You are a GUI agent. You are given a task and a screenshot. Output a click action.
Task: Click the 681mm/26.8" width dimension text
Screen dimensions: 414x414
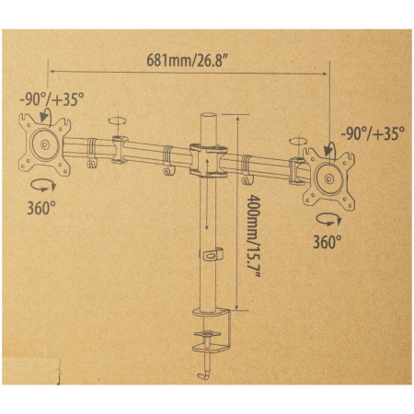(187, 60)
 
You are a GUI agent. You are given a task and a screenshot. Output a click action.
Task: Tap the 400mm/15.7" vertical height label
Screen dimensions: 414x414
(254, 236)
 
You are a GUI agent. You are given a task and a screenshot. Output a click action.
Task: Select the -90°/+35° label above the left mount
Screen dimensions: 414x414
(52, 99)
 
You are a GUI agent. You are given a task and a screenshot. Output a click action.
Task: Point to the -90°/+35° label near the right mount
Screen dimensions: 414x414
(373, 133)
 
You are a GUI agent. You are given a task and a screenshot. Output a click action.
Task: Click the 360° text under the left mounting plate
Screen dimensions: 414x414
(41, 208)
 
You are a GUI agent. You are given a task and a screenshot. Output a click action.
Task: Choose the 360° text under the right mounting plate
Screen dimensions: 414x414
(328, 242)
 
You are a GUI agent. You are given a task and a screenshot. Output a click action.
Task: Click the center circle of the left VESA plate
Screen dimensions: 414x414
(45, 144)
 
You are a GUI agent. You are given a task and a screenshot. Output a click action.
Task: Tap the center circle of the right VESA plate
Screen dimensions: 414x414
(329, 178)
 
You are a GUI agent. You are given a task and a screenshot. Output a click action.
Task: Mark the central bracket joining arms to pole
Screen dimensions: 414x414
(208, 160)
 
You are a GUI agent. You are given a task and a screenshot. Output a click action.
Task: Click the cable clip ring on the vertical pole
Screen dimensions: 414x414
(212, 255)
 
